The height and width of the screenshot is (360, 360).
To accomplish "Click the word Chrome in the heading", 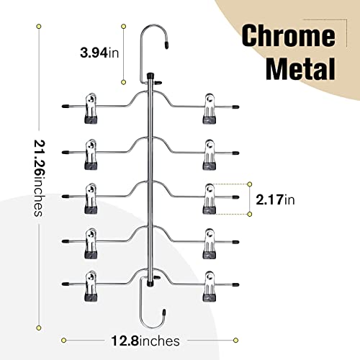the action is point(288,36).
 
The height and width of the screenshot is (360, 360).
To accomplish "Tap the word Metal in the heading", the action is point(300,68).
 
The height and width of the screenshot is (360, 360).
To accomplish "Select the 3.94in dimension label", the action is point(99,53).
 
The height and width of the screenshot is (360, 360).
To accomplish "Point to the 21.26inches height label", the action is point(40,178).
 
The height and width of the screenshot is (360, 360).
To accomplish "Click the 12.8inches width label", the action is point(145,341).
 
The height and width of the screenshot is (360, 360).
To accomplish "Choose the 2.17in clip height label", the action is point(275,199).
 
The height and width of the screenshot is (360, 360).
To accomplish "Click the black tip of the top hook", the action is point(166,45).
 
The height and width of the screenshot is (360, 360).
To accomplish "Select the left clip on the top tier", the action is point(91,109).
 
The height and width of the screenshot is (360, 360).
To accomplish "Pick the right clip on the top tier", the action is point(210,109).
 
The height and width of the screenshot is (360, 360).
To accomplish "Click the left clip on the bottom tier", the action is point(91,287).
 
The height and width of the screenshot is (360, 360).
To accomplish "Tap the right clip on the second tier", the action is point(210,154).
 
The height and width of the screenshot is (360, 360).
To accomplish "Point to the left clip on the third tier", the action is point(91,199).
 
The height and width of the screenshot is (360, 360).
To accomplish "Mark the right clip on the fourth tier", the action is point(210,243).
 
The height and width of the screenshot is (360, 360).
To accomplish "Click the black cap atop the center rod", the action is point(150,76).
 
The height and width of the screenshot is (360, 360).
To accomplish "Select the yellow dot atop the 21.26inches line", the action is point(39,27).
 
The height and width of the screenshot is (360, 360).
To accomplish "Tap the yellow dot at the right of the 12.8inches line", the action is point(235,340).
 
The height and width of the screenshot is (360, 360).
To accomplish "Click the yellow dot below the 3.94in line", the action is point(124,82).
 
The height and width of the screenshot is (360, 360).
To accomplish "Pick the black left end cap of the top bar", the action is point(66,106).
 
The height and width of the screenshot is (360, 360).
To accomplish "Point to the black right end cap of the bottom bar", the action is point(235,285).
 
